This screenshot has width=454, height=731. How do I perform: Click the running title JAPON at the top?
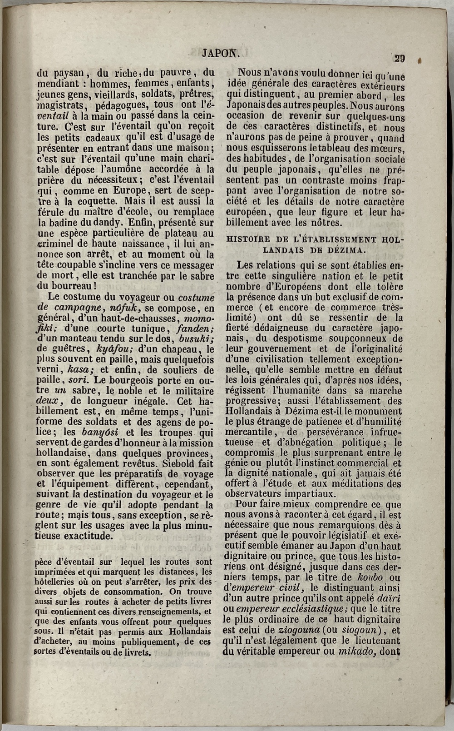pyautogui.click(x=221, y=53)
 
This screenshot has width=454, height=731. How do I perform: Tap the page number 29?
pyautogui.click(x=400, y=58)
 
